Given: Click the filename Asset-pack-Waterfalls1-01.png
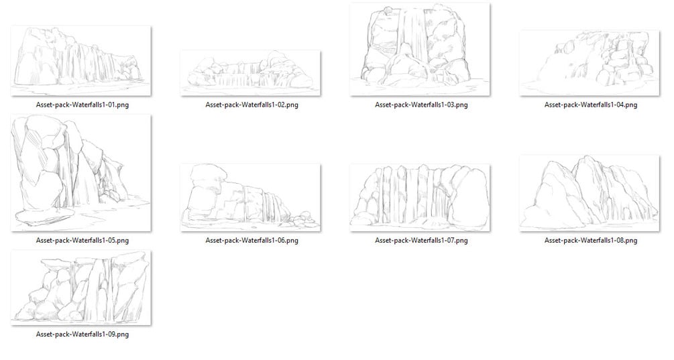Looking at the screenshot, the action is (82, 105).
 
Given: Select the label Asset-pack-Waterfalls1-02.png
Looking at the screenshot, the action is (251, 105).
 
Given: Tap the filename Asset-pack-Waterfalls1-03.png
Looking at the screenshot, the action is (420, 105).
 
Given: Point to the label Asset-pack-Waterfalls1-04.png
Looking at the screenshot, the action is (591, 105).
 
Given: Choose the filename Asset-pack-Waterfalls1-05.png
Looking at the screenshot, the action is (82, 241).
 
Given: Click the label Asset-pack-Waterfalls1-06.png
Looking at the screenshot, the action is (251, 241).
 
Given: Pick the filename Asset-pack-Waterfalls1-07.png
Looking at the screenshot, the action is (420, 241).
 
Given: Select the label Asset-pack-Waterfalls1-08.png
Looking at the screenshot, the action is (591, 241).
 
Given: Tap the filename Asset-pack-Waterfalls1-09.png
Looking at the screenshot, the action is (82, 335).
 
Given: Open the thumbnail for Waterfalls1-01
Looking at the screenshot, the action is (80, 60).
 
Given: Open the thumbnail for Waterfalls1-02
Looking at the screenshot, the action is (251, 73).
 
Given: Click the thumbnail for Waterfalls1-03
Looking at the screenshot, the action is (420, 50).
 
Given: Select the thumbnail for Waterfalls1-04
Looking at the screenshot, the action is (589, 63).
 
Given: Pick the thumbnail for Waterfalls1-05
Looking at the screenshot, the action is (80, 173).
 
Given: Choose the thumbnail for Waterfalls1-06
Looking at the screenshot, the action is (251, 198).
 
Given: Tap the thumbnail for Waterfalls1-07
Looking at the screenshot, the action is (420, 198).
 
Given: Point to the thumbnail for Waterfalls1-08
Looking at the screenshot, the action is (589, 193).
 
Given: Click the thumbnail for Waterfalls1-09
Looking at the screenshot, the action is (80, 288).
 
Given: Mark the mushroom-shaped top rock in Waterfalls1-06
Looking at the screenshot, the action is (208, 176).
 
